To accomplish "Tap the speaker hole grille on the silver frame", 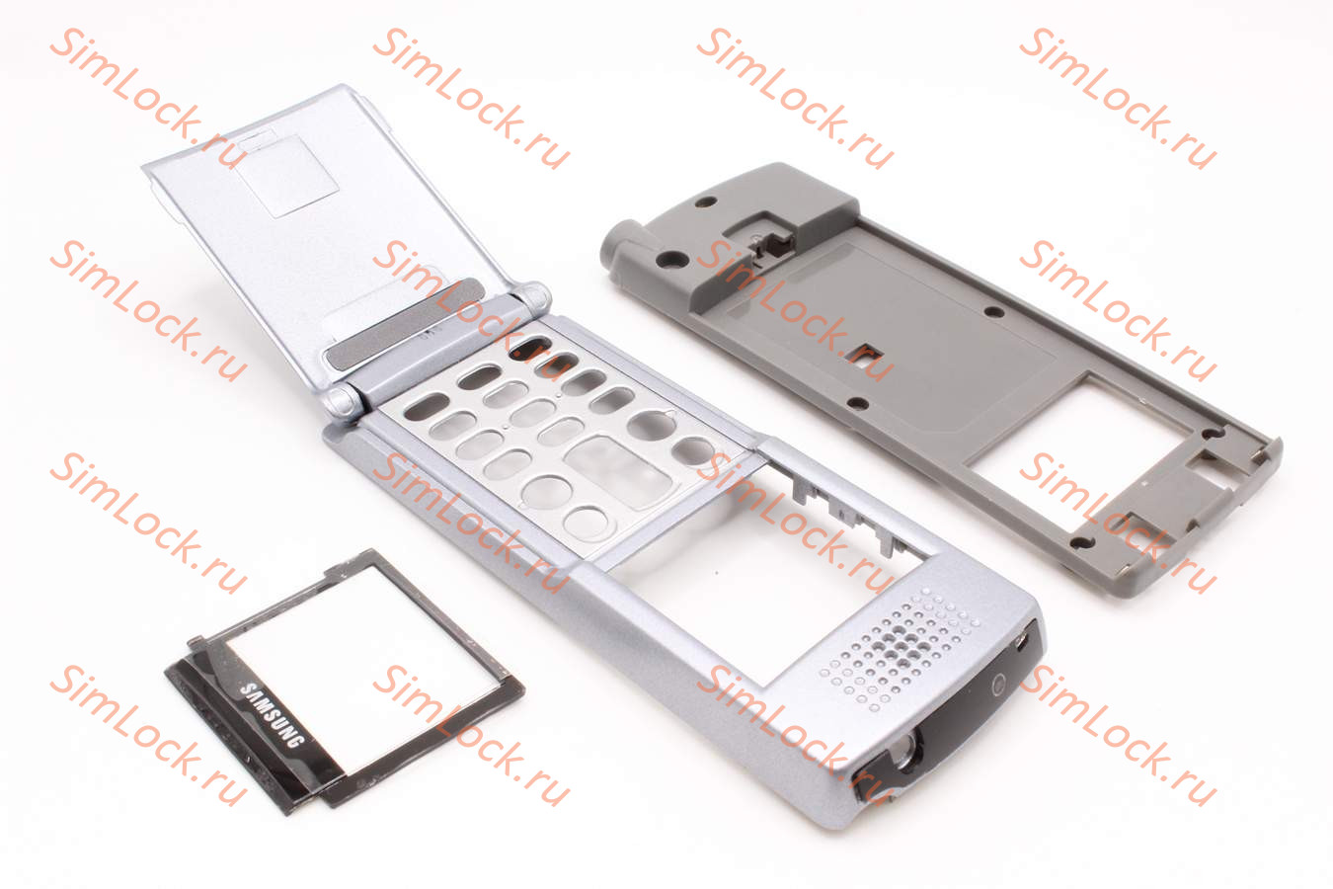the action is coord(900,648).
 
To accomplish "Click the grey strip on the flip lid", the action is coord(405,323).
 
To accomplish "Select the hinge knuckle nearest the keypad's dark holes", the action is coord(531,297).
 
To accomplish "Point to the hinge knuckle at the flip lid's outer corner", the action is coord(343,403).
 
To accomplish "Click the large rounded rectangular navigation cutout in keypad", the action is coord(619,472).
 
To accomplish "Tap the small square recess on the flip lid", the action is coord(288,176).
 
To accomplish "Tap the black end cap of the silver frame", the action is coord(952,714).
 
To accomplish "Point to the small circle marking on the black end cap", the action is coord(999,685).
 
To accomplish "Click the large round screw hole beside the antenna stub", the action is coord(670,259).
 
